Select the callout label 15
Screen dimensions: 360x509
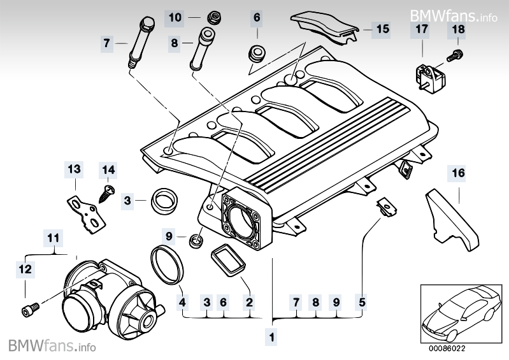coord(382,29)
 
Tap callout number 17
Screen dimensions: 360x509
coord(422,29)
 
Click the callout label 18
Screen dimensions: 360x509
coord(459,29)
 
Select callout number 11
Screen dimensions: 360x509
coord(54,238)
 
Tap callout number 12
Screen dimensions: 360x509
coord(25,270)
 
